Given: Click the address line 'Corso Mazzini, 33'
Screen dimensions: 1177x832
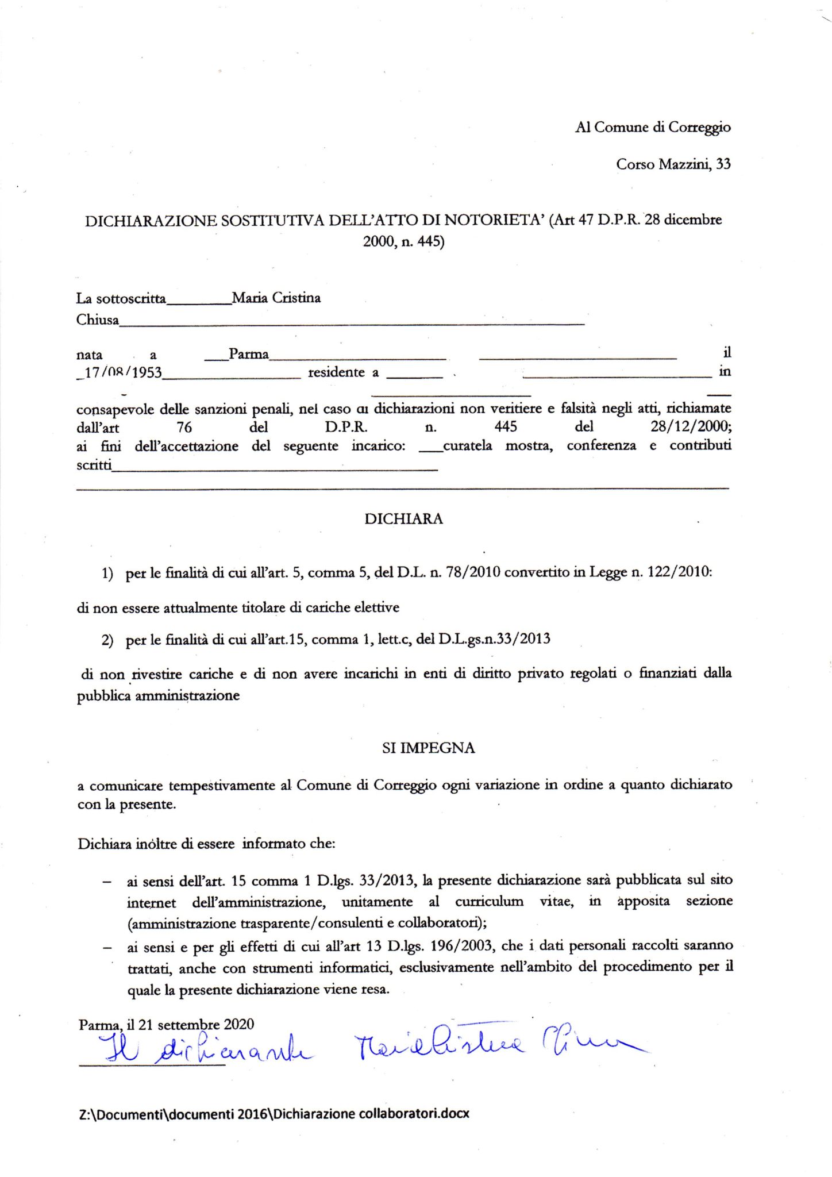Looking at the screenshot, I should tap(673, 164).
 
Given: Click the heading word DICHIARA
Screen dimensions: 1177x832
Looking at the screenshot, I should tap(403, 519).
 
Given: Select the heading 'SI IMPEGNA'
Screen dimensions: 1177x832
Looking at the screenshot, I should tap(428, 748).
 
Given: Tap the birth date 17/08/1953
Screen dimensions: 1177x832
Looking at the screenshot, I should tap(123, 372).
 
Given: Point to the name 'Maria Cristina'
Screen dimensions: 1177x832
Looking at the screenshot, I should tap(276, 298).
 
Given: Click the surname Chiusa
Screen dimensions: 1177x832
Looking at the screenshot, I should tap(98, 320).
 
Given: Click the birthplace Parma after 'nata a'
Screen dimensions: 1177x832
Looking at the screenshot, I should tap(249, 354).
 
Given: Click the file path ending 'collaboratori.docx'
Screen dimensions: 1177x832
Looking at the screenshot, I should tap(274, 1113).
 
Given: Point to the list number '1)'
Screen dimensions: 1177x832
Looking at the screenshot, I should tap(107, 573).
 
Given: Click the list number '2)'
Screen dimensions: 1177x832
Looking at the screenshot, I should tap(107, 640).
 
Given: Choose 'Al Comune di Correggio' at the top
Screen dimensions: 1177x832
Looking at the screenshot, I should tap(653, 127).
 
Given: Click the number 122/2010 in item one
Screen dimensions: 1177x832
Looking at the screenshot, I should tap(679, 572).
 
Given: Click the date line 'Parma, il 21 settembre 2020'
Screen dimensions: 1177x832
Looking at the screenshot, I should tap(167, 1024).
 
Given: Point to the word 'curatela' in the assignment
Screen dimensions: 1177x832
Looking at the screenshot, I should tap(467, 445).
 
